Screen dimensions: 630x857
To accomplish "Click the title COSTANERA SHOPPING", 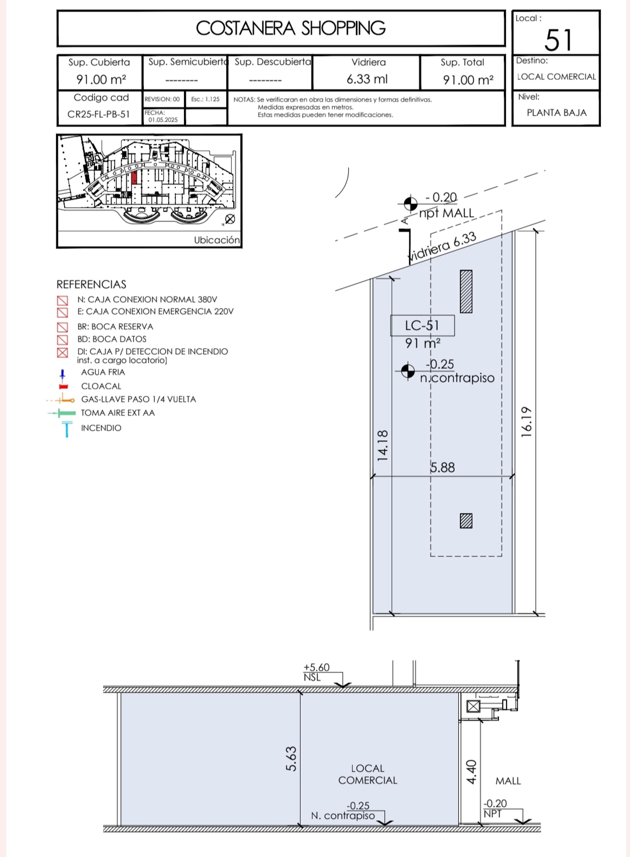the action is pos(291,28).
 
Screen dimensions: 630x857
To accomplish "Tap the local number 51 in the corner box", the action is pos(558,40).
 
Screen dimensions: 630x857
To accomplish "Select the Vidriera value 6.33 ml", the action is pos(367,79).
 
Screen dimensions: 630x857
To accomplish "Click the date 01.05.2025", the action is pos(163,120).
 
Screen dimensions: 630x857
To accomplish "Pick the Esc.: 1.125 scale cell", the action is pos(205,99).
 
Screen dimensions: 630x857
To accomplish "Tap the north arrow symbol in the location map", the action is pos(230,219).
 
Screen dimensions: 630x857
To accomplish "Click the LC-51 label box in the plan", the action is pos(422,325).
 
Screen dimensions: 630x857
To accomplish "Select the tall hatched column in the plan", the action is pos(466,291).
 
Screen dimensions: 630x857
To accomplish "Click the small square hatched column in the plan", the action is pos(466,521).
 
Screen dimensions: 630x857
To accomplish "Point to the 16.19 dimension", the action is pos(526,422).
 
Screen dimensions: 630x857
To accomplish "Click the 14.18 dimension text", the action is pos(383,445).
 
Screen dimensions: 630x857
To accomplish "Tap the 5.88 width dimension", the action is pos(442,468).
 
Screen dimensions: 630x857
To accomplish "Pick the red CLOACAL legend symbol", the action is pos(64,387).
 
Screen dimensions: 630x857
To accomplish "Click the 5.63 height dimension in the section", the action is pos(291,759).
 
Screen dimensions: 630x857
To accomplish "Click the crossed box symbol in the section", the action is pos(473,706).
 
